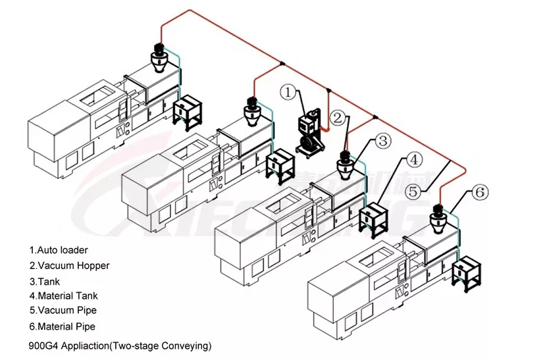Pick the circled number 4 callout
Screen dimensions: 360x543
tap(413, 159)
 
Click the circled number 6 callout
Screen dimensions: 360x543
tap(480, 192)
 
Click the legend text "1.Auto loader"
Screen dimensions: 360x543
tap(58, 250)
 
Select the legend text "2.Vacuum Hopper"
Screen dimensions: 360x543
tap(69, 266)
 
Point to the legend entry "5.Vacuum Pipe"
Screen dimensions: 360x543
tap(63, 311)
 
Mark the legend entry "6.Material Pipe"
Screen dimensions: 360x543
tap(63, 326)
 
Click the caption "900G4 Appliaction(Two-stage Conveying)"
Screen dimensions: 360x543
tap(121, 345)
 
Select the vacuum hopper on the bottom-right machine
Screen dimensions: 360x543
tap(438, 220)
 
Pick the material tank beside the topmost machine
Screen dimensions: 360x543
tap(188, 110)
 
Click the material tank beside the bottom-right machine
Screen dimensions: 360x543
tap(467, 269)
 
